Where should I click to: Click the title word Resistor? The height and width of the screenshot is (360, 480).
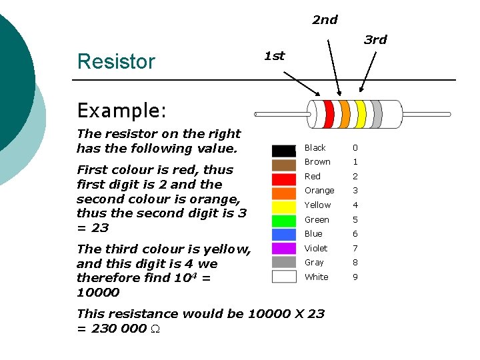pyautogui.click(x=116, y=61)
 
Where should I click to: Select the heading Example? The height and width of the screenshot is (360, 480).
pyautogui.click(x=121, y=109)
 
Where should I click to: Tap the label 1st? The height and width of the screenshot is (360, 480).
pyautogui.click(x=274, y=56)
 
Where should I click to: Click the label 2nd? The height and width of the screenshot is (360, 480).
pyautogui.click(x=325, y=20)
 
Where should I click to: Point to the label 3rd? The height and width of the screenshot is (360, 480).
pyautogui.click(x=375, y=40)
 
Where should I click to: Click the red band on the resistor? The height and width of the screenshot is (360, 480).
pyautogui.click(x=328, y=114)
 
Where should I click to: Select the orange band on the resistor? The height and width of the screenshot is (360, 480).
pyautogui.click(x=344, y=114)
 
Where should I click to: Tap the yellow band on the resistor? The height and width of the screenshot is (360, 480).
pyautogui.click(x=361, y=114)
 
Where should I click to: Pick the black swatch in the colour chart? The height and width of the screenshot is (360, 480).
pyautogui.click(x=283, y=150)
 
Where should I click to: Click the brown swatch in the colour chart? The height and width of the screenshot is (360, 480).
pyautogui.click(x=283, y=165)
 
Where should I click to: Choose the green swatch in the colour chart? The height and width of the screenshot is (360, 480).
pyautogui.click(x=283, y=221)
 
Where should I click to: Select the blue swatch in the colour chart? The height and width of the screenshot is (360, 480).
pyautogui.click(x=283, y=235)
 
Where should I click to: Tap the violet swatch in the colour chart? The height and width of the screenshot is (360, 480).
pyautogui.click(x=283, y=249)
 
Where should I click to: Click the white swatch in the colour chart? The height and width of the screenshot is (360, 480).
pyautogui.click(x=283, y=277)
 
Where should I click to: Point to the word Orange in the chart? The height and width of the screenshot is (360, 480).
pyautogui.click(x=319, y=191)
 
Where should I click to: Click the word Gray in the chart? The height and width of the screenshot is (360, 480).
pyautogui.click(x=314, y=263)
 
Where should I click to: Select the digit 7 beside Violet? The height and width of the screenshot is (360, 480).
pyautogui.click(x=355, y=249)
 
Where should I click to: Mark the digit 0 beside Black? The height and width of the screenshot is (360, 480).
pyautogui.click(x=355, y=148)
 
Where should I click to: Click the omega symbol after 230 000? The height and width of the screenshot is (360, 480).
pyautogui.click(x=154, y=329)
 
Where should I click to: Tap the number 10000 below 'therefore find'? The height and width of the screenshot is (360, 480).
pyautogui.click(x=98, y=293)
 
